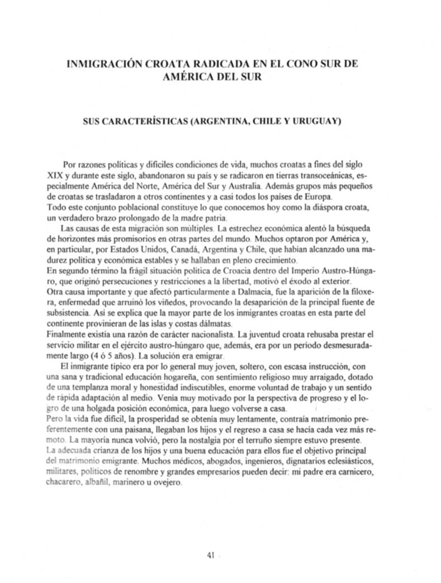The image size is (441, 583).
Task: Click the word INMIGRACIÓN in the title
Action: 103,64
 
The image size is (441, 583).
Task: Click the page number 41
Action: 210,555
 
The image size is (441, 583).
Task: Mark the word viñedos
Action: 144,303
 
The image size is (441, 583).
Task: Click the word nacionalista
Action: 205,335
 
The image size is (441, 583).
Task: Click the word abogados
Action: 206,462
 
